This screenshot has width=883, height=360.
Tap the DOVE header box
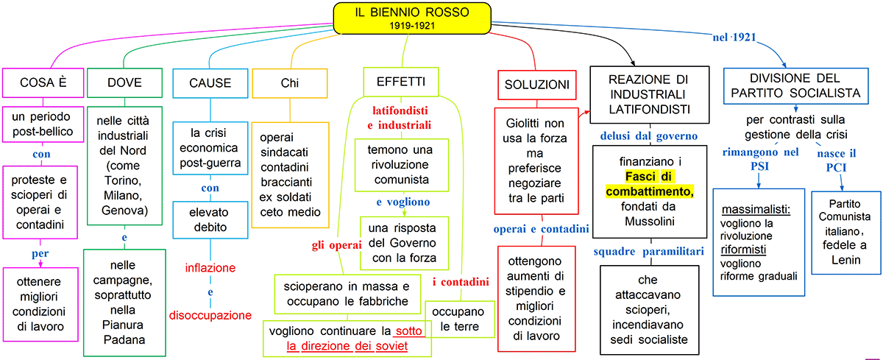(x=123, y=82)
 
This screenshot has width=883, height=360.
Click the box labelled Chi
(x=290, y=82)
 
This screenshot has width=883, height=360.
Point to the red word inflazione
(x=210, y=267)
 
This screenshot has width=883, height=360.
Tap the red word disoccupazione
(x=210, y=315)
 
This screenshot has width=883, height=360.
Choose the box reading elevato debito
(x=210, y=219)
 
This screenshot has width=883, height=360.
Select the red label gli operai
(x=335, y=245)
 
